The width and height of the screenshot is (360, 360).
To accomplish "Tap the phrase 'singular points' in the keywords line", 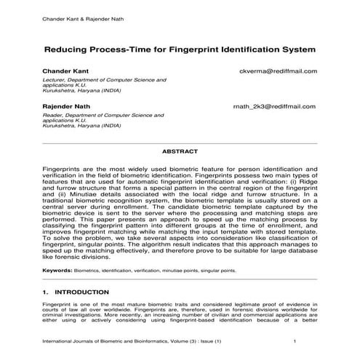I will (x=236, y=270).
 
